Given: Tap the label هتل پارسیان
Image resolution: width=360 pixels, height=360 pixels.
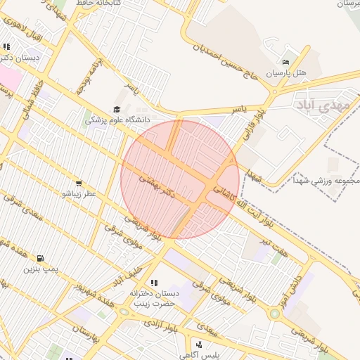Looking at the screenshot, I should pyautogui.click(x=287, y=73).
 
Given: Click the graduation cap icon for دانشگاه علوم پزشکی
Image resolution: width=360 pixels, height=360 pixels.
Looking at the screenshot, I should pyautogui.click(x=116, y=109).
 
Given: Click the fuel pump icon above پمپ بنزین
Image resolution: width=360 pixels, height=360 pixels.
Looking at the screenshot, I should pyautogui.click(x=39, y=258).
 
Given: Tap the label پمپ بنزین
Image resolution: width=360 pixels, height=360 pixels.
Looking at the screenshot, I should pyautogui.click(x=39, y=269).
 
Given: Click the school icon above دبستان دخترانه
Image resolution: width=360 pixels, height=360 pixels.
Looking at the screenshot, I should pyautogui.click(x=154, y=283).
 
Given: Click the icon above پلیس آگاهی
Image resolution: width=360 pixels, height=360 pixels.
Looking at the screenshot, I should pyautogui.click(x=200, y=345).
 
